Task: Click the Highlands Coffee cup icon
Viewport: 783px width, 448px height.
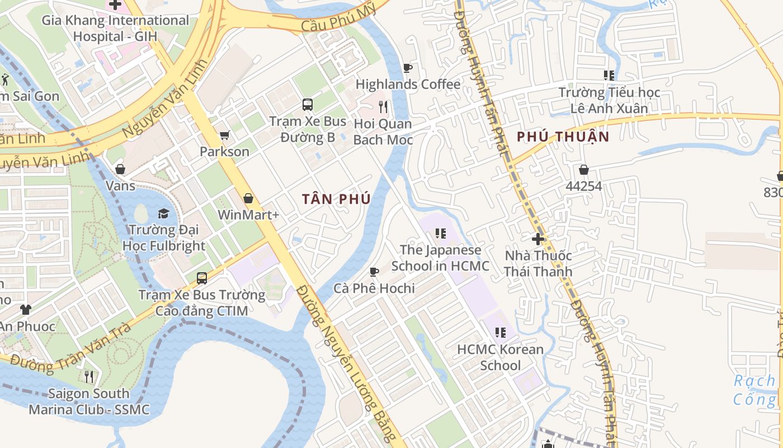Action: click(408, 68)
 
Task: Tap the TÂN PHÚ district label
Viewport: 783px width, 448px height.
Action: click(336, 199)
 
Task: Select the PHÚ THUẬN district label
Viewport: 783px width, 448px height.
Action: click(563, 137)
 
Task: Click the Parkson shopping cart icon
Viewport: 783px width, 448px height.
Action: click(225, 135)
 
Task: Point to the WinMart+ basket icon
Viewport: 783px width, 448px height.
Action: click(248, 198)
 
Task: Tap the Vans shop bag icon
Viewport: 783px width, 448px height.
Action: click(120, 169)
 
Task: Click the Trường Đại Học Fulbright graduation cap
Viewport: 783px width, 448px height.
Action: click(163, 213)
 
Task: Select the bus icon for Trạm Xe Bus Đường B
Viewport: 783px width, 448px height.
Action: click(308, 104)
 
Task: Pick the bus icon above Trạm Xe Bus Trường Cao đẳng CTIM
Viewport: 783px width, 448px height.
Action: click(202, 278)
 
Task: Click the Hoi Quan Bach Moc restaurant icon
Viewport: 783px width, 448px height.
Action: click(383, 106)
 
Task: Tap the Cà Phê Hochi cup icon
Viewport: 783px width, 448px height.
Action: click(374, 272)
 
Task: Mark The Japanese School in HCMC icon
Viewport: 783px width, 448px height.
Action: click(440, 234)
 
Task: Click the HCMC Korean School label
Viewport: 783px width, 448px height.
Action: click(500, 357)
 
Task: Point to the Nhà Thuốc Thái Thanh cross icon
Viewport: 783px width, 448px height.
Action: click(538, 239)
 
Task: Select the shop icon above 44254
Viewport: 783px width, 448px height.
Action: click(583, 169)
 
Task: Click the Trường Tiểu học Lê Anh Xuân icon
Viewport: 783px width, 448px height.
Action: click(609, 75)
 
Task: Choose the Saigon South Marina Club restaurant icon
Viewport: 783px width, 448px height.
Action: click(89, 376)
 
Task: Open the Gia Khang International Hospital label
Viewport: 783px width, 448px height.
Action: click(116, 29)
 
